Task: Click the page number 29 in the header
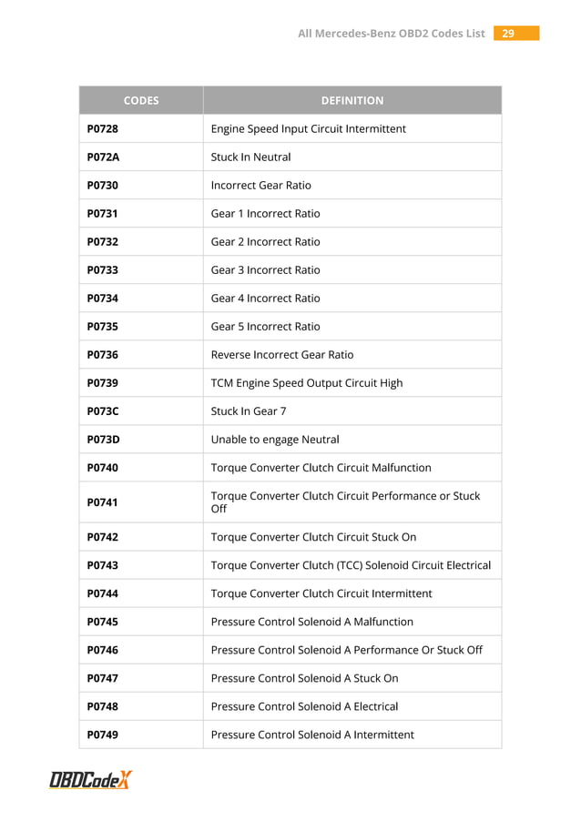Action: pos(508,34)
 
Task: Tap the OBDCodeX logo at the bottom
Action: pos(91,780)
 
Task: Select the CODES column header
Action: pos(141,100)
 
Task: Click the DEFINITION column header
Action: pos(352,100)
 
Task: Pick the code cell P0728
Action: pos(103,129)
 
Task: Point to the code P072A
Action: pos(103,157)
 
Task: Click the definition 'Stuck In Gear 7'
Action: pos(249,411)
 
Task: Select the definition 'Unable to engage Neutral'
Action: pos(275,440)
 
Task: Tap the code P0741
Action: pos(103,502)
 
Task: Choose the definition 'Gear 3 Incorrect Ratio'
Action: pos(265,270)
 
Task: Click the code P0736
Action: pos(103,355)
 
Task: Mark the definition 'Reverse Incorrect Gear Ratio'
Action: pos(282,355)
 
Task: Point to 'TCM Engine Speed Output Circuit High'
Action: pos(307,383)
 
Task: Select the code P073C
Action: pos(103,411)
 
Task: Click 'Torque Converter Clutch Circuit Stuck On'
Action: pos(313,537)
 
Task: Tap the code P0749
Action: pos(103,735)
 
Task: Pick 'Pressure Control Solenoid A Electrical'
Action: pos(304,706)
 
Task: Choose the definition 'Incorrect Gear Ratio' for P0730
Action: pos(261,186)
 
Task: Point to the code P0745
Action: pos(103,622)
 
